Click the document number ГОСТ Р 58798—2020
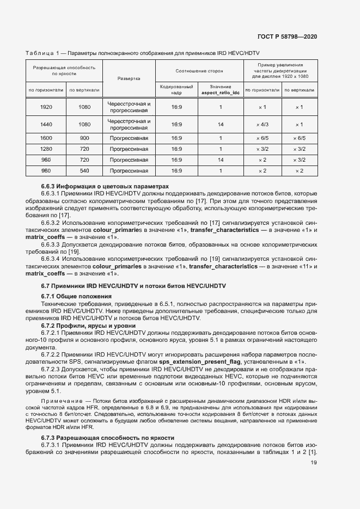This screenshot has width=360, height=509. pyautogui.click(x=288, y=36)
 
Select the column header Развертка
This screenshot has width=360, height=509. pyautogui.click(x=129, y=78)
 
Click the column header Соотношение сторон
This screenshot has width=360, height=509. pyautogui.click(x=199, y=71)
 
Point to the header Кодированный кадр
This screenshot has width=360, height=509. pyautogui.click(x=176, y=90)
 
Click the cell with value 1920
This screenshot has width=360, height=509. pyautogui.click(x=46, y=107)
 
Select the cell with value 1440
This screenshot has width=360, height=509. pyautogui.click(x=46, y=124)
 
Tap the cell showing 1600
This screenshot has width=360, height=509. pyautogui.click(x=46, y=138)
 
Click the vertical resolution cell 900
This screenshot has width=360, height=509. pyautogui.click(x=84, y=138)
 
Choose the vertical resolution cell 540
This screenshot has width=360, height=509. pyautogui.click(x=84, y=171)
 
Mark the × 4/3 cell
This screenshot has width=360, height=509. pyautogui.click(x=262, y=124)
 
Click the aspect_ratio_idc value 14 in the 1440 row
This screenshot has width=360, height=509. pyautogui.click(x=221, y=124)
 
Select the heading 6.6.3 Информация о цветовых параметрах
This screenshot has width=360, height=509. pyautogui.click(x=105, y=186)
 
